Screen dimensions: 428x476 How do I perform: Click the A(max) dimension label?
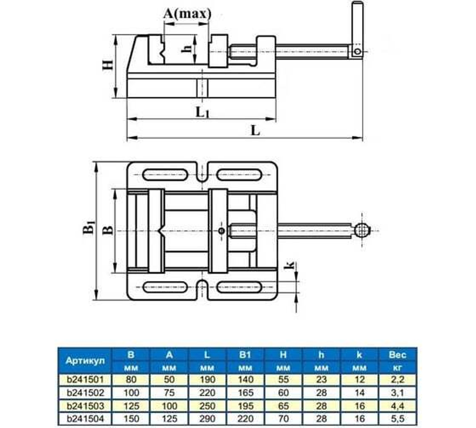[x=187, y=14]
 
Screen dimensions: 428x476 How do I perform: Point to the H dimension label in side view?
[x=108, y=65]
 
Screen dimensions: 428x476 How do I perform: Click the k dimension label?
[x=290, y=266]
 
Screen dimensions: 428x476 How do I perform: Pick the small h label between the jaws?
[x=188, y=48]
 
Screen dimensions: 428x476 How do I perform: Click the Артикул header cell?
[x=85, y=360]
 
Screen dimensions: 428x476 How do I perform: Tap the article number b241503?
[x=85, y=405]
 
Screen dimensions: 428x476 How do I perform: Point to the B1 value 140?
[x=245, y=379]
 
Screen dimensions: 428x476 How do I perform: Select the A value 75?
[x=169, y=392]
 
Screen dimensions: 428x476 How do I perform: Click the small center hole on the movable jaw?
[x=222, y=231]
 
